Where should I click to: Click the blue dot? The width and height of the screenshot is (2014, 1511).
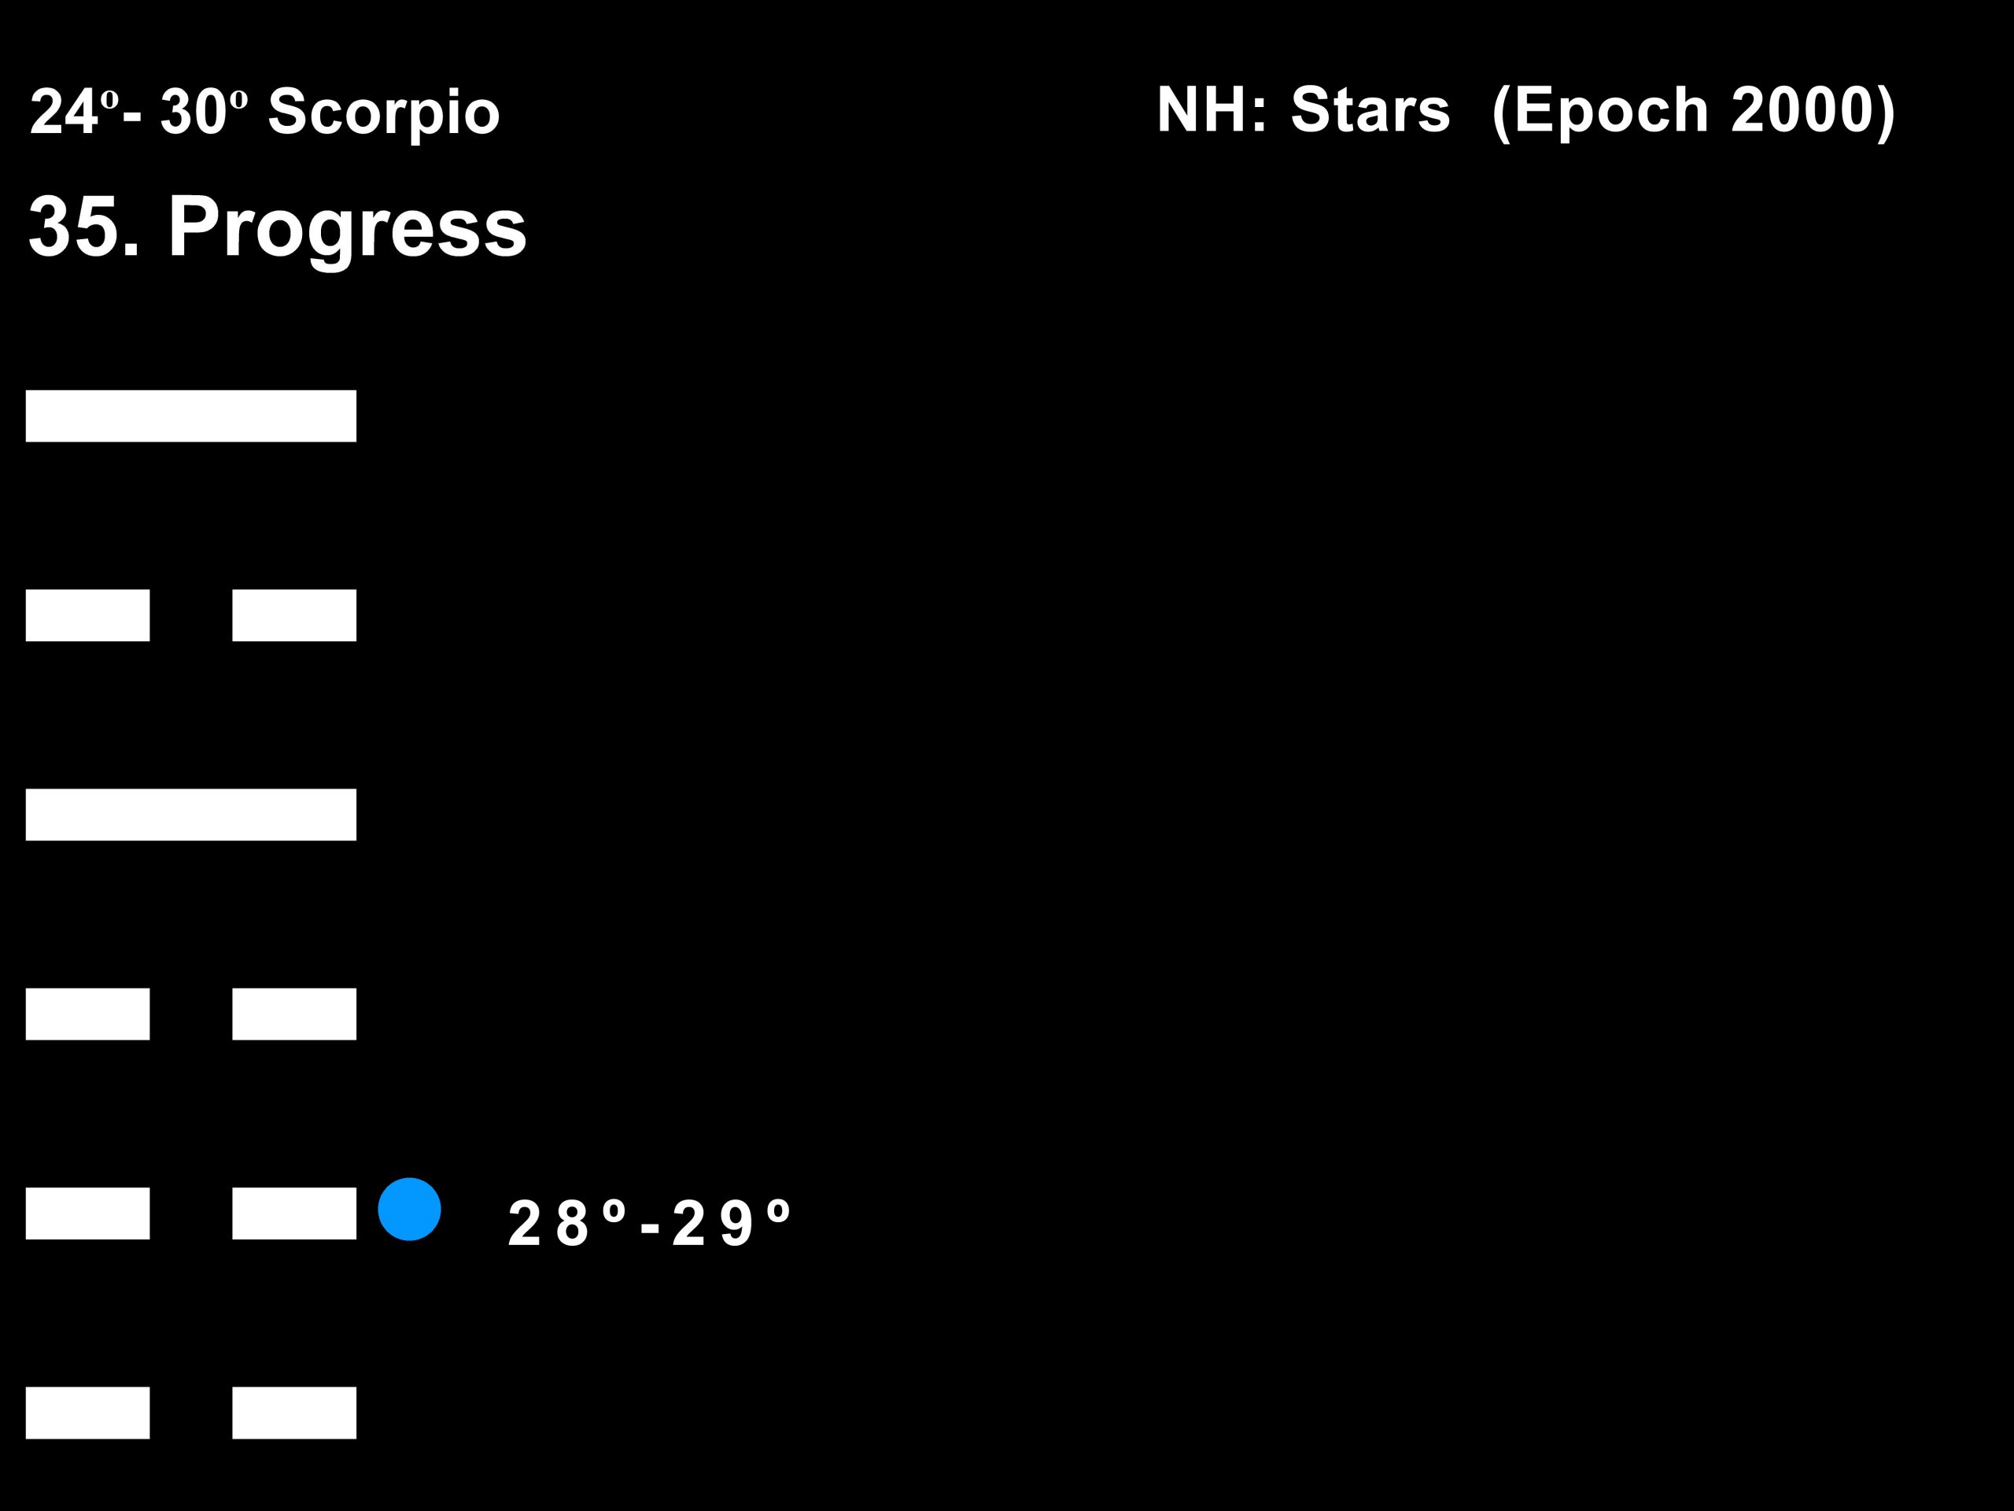click(409, 1209)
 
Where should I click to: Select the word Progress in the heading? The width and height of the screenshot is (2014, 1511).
click(347, 227)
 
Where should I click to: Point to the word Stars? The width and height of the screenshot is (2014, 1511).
click(1370, 109)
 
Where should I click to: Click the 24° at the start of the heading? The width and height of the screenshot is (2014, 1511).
click(74, 112)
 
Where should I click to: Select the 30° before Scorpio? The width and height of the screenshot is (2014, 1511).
click(204, 112)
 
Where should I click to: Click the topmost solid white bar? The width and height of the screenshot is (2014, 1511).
click(191, 416)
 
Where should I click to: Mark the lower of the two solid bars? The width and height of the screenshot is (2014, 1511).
click(191, 815)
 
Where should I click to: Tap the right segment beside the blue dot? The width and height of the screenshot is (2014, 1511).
click(294, 1214)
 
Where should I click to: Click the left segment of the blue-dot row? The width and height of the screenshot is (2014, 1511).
click(87, 1214)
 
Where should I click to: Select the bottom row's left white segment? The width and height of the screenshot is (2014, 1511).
click(87, 1413)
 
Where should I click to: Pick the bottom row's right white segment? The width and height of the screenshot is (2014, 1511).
click(294, 1413)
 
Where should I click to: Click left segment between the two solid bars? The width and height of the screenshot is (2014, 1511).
click(87, 615)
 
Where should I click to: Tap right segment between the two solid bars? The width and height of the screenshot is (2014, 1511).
click(294, 615)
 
